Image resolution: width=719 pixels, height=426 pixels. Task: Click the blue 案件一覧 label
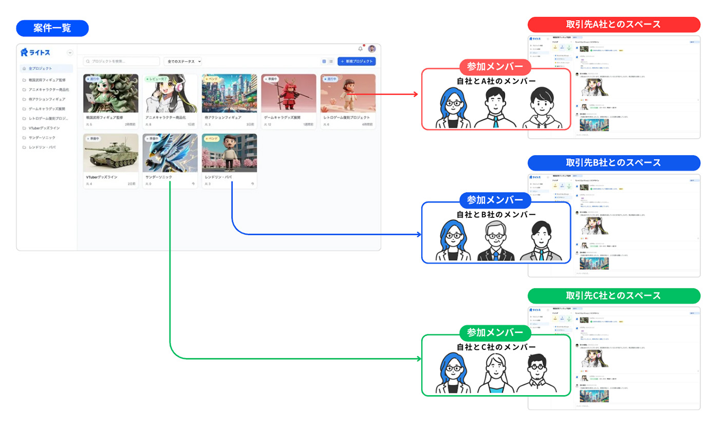(52, 28)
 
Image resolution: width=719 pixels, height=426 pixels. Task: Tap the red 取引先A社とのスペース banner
(614, 25)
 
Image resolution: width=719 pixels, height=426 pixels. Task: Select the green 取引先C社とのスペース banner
(614, 296)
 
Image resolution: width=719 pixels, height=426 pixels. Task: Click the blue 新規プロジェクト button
(356, 61)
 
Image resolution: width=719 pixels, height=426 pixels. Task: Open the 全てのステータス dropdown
(183, 61)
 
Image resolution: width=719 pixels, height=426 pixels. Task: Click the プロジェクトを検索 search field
(121, 61)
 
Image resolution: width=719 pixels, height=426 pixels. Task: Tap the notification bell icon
(360, 49)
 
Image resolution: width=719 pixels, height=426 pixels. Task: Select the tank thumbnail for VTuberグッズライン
(111, 153)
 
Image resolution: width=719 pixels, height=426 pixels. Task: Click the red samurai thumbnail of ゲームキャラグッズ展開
(289, 93)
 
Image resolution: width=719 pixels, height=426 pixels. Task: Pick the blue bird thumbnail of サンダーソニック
(170, 153)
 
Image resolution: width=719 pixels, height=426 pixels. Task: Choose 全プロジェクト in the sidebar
(41, 68)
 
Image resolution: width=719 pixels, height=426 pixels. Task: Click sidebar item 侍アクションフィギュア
(47, 99)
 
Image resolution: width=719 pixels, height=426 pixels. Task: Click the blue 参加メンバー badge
(495, 200)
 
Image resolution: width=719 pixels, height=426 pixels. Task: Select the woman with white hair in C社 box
(496, 374)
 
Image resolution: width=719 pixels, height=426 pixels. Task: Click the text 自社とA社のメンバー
(496, 81)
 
